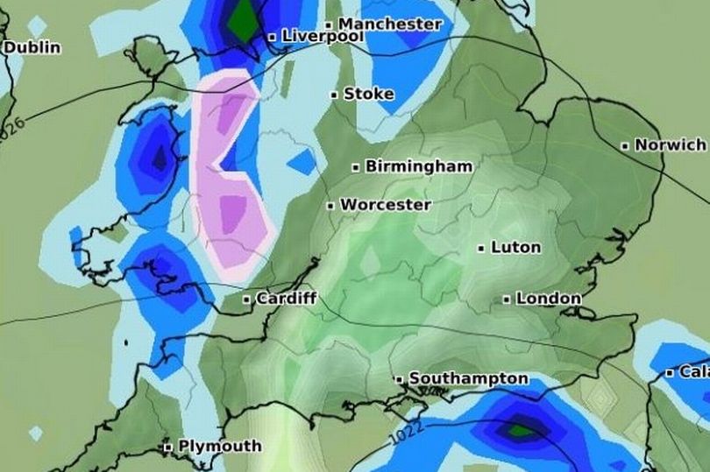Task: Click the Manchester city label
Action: point(390,24)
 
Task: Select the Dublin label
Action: point(32,46)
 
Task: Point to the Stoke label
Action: point(368,94)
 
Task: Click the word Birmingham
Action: point(418,166)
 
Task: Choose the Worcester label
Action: point(385,205)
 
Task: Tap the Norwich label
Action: point(670,144)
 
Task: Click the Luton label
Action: point(515,248)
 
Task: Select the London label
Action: point(548,299)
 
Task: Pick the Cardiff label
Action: point(286,299)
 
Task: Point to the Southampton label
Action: point(469,378)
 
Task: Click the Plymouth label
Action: point(219,446)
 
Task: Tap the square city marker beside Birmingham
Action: point(356,166)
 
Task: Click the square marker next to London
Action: point(507,299)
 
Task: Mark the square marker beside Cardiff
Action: point(247,299)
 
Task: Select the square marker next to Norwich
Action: point(625,146)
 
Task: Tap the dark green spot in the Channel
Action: point(519,430)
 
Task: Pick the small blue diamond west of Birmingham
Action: point(302,161)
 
